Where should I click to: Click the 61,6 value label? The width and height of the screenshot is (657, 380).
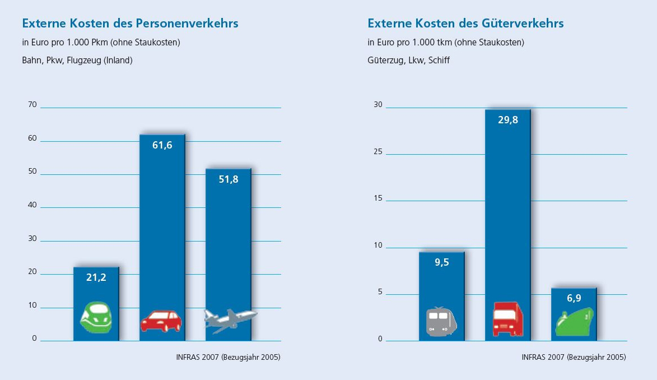pyautogui.click(x=162, y=145)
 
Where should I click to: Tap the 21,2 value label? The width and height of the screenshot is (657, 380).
pyautogui.click(x=96, y=277)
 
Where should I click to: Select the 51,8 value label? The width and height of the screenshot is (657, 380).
pyautogui.click(x=228, y=179)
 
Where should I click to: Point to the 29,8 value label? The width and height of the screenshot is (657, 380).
pyautogui.click(x=507, y=119)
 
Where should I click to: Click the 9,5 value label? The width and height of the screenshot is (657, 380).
pyautogui.click(x=441, y=262)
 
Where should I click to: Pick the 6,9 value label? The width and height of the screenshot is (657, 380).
pyautogui.click(x=574, y=298)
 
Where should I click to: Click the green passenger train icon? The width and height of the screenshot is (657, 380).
pyautogui.click(x=96, y=318)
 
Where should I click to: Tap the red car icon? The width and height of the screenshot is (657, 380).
pyautogui.click(x=161, y=321)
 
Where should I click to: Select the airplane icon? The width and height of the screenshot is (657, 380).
pyautogui.click(x=230, y=321)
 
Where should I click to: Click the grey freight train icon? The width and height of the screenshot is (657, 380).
pyautogui.click(x=441, y=321)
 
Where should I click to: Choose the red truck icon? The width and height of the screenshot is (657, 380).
pyautogui.click(x=507, y=319)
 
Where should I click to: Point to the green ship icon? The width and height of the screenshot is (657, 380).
pyautogui.click(x=574, y=322)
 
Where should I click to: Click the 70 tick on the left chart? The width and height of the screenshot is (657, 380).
pyautogui.click(x=31, y=104)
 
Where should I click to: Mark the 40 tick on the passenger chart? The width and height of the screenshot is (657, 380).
pyautogui.click(x=31, y=205)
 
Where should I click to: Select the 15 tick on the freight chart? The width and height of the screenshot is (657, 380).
pyautogui.click(x=378, y=198)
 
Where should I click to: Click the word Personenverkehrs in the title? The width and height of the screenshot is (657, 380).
pyautogui.click(x=187, y=24)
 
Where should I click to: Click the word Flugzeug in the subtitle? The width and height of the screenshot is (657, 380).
pyautogui.click(x=82, y=61)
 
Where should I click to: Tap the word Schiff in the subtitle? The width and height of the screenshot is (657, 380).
pyautogui.click(x=439, y=61)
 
